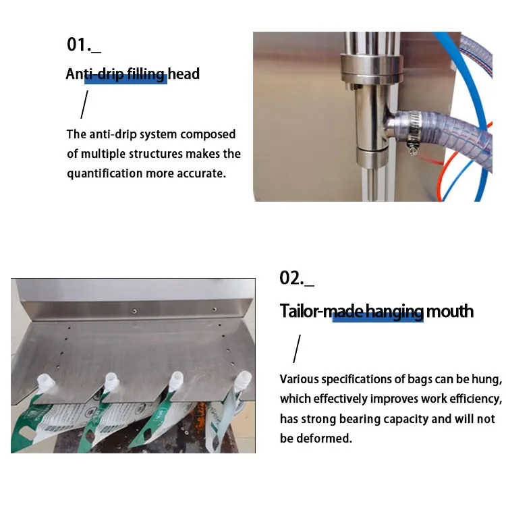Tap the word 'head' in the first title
184,74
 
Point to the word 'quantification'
105,173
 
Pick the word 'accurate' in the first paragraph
200,173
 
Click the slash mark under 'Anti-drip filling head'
84,105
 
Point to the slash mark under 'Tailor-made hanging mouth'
296,350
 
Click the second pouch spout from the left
107,381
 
